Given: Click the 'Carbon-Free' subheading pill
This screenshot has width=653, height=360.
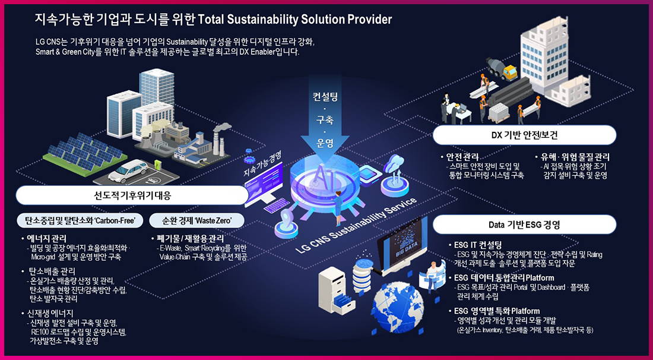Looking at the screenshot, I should [80, 221].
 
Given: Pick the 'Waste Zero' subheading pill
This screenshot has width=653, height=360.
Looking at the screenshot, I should [199, 221].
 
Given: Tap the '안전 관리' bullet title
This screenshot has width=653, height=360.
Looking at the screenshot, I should [467, 157].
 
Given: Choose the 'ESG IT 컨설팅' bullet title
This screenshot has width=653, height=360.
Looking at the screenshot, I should [478, 245].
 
